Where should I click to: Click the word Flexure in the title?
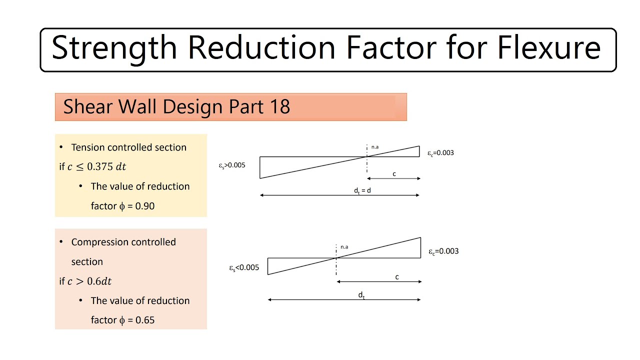(x=548, y=48)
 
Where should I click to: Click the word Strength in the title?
(x=114, y=48)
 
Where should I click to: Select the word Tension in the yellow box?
(x=88, y=147)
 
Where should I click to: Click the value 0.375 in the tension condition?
(x=100, y=167)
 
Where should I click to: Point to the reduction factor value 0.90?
(x=145, y=206)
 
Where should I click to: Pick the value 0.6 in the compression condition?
(x=94, y=281)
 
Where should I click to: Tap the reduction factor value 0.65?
(x=145, y=320)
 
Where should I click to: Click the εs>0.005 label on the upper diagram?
(x=232, y=165)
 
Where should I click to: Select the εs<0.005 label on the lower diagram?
(x=244, y=268)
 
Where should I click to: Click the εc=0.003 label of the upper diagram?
(x=440, y=153)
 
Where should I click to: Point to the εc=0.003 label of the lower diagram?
(x=443, y=251)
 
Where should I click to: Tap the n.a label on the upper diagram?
(x=375, y=147)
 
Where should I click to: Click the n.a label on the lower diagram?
(x=344, y=247)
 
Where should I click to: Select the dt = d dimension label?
(x=362, y=190)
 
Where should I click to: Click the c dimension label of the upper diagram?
(x=394, y=174)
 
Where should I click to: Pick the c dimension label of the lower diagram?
(x=397, y=277)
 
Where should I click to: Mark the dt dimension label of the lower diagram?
(x=361, y=295)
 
